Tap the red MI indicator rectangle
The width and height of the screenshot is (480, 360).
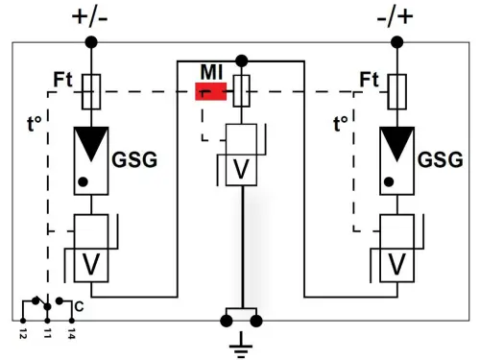[210, 92]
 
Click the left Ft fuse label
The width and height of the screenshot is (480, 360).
[64, 79]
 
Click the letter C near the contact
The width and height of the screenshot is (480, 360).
[78, 306]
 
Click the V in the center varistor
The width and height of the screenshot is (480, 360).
[242, 169]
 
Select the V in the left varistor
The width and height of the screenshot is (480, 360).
[92, 261]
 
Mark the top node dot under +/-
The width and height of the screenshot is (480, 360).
[92, 42]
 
